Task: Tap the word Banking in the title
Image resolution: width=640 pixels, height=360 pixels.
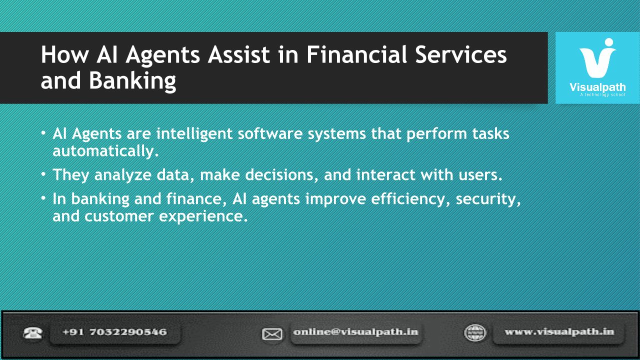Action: point(132,81)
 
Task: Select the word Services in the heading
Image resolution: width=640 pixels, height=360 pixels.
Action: point(461,54)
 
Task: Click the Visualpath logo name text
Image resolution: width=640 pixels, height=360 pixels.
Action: point(597,87)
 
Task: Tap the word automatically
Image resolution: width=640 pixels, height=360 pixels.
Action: point(105,151)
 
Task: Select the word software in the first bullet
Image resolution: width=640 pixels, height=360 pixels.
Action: point(270,133)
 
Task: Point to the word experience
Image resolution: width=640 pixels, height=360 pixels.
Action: point(203,216)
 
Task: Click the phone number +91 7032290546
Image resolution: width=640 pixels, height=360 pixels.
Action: point(114,332)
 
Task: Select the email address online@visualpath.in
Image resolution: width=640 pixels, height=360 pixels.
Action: point(355,332)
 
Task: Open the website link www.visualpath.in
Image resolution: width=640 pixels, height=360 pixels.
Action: point(559,332)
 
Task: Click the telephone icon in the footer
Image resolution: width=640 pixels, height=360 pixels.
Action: point(33,333)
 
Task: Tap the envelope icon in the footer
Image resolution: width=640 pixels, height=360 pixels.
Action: point(272,334)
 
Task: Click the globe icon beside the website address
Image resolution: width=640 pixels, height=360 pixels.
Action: point(475,333)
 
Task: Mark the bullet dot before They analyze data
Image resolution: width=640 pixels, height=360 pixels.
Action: point(43,173)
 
